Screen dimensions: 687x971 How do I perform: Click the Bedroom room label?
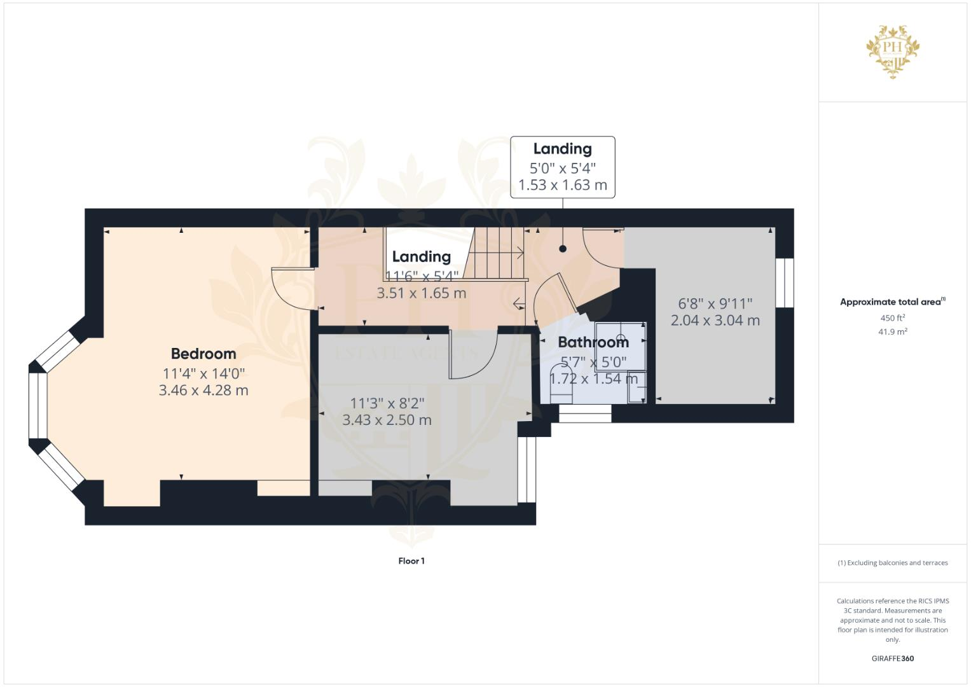point(203,354)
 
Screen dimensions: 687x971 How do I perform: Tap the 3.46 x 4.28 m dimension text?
point(203,390)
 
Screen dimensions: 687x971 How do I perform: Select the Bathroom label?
point(593,342)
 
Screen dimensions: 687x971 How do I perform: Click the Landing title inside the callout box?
point(562,149)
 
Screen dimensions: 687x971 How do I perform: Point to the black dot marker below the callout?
point(563,249)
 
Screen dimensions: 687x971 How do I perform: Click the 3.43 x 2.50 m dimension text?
point(387,420)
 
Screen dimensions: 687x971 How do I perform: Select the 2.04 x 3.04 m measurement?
point(715,321)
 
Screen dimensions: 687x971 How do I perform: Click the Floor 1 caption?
point(411,561)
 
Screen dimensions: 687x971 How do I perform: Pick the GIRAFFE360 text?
point(892,658)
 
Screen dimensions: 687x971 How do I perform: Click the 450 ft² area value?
point(892,318)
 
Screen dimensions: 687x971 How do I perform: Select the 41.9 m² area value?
point(892,331)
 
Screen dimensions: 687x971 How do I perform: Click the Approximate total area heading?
point(892,302)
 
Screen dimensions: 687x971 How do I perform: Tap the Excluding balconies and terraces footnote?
point(892,563)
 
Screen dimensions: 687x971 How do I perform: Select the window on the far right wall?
point(785,282)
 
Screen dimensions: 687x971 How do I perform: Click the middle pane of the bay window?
point(38,406)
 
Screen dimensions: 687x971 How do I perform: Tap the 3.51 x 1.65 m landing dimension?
point(421,293)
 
